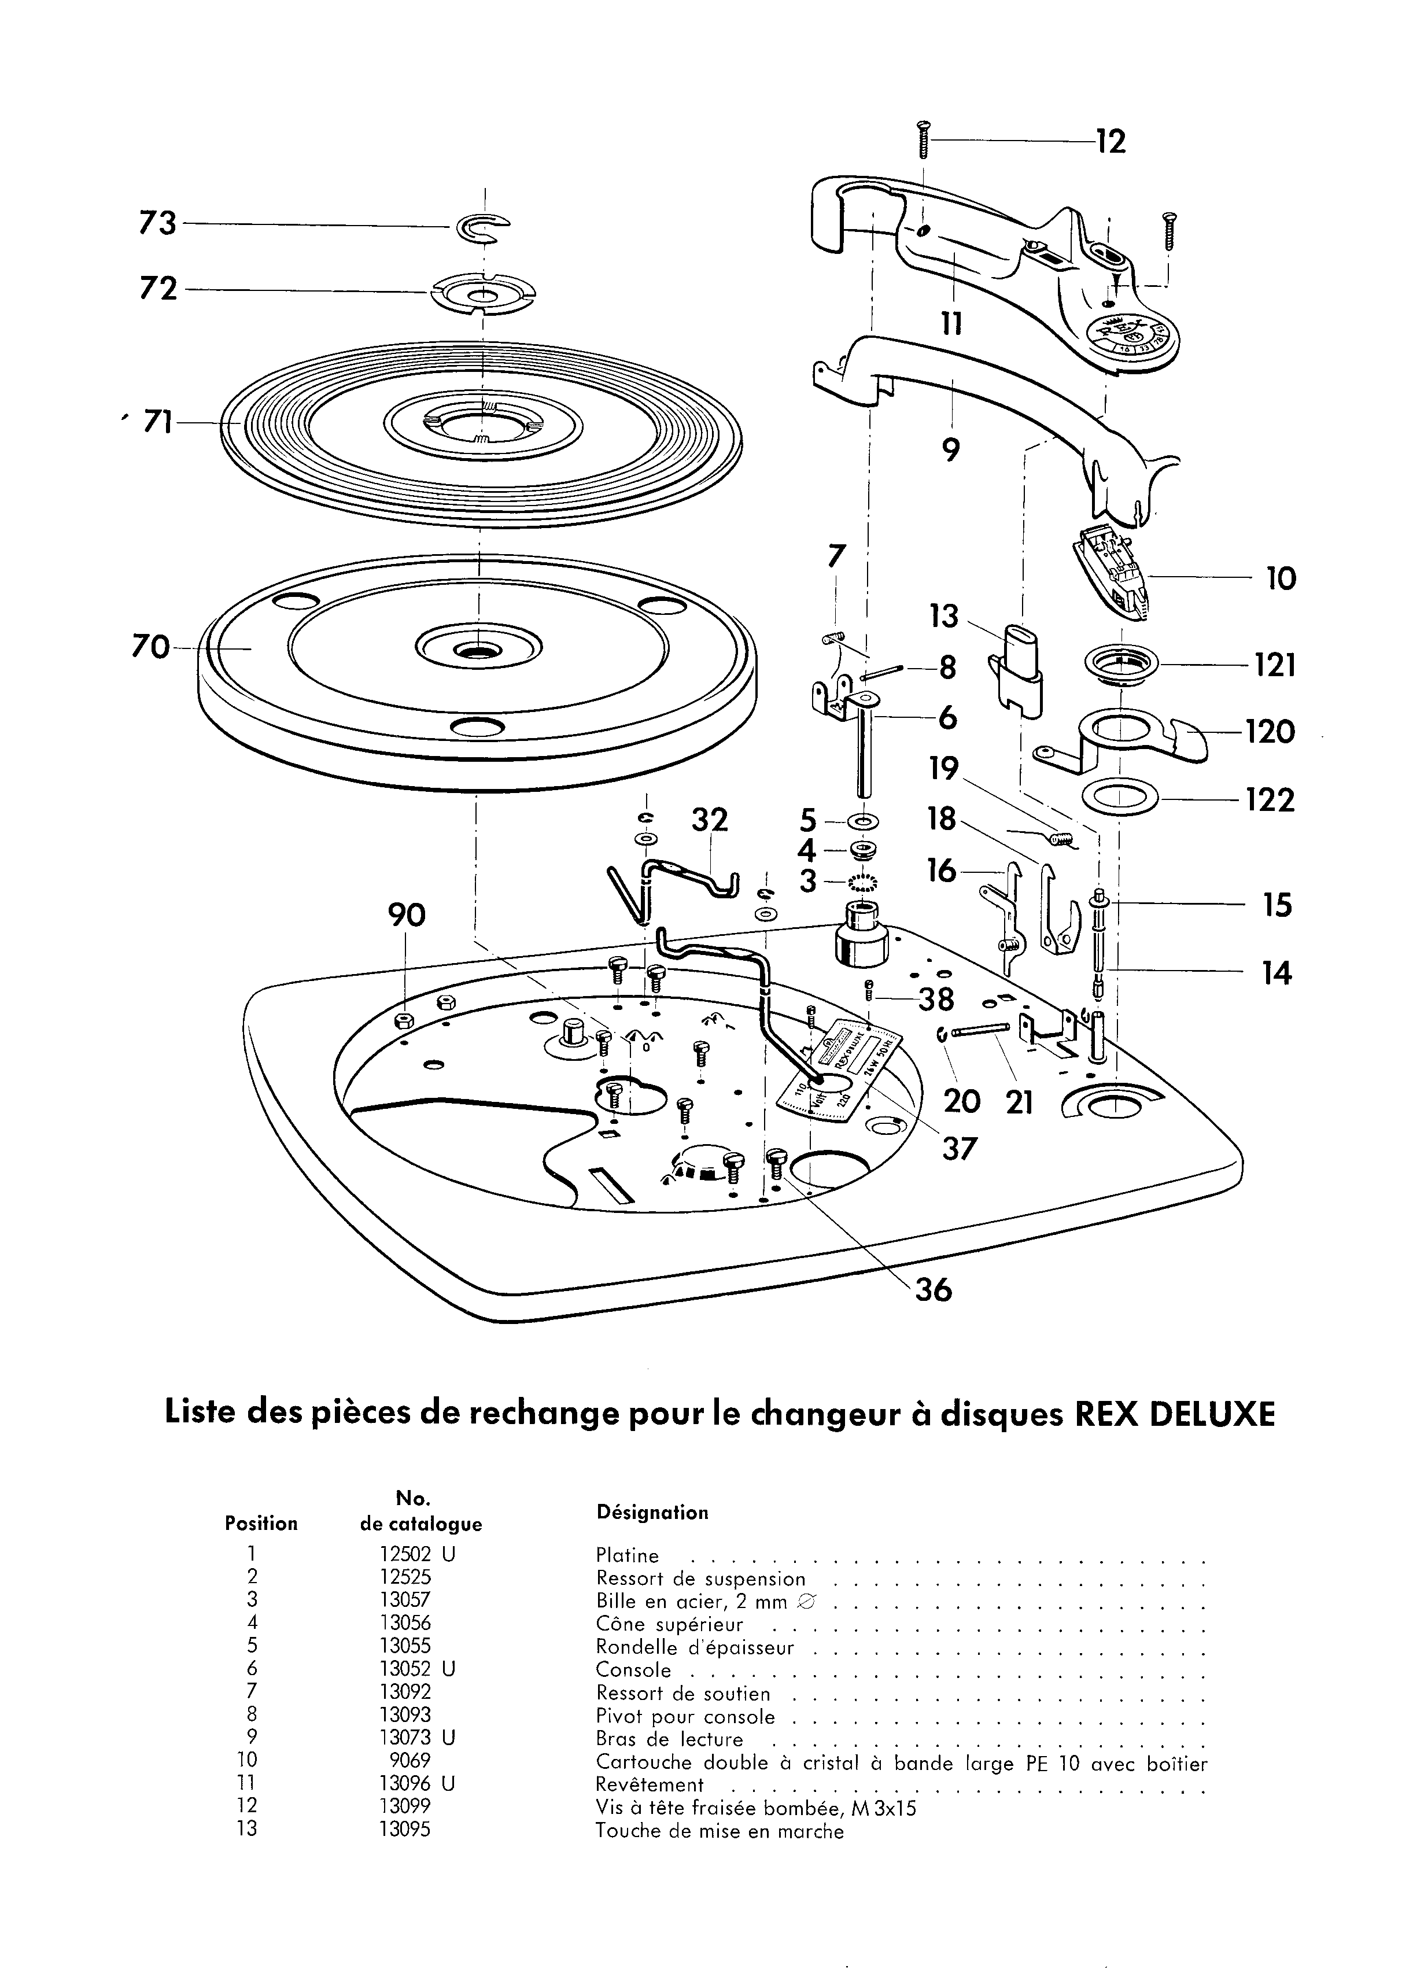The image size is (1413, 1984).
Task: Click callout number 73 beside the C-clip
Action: (x=157, y=224)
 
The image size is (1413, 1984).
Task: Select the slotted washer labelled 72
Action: (x=482, y=294)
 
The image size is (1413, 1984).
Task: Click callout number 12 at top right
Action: (x=1111, y=141)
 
